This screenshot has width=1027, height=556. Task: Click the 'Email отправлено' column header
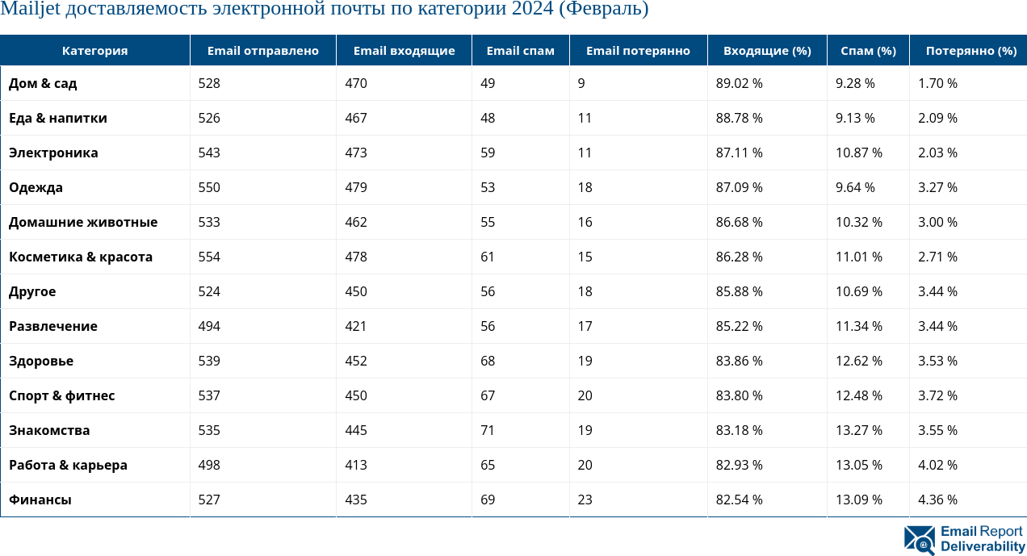click(x=262, y=51)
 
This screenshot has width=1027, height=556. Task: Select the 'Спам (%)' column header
click(x=868, y=51)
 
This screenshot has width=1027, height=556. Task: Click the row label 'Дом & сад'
click(x=43, y=83)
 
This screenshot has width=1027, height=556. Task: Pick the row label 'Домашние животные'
click(x=83, y=222)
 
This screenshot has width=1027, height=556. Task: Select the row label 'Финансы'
click(x=40, y=500)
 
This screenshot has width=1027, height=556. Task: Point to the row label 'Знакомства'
click(x=49, y=430)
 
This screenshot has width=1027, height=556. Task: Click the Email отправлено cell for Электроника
click(x=209, y=153)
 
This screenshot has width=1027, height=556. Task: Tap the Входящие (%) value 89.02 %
click(x=739, y=83)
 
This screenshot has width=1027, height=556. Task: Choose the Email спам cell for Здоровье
click(x=488, y=361)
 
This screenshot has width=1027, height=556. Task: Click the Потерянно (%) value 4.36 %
click(x=937, y=500)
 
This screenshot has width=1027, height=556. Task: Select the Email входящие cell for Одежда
click(x=356, y=187)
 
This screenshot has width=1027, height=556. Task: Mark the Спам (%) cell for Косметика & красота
click(x=858, y=257)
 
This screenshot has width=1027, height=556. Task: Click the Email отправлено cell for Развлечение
click(x=209, y=326)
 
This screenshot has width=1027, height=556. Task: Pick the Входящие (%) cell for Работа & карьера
click(x=739, y=465)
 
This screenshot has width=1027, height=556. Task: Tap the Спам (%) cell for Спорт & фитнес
click(x=858, y=395)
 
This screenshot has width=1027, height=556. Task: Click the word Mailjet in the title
click(x=27, y=10)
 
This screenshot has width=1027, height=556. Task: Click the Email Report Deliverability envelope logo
click(x=920, y=540)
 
